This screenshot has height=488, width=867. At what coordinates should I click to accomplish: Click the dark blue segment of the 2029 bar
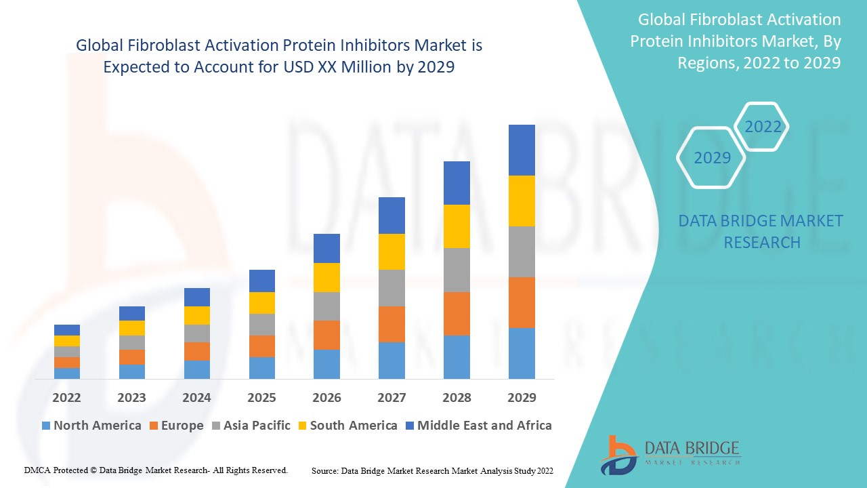(x=522, y=150)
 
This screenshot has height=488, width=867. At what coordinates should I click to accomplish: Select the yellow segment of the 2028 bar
(x=457, y=226)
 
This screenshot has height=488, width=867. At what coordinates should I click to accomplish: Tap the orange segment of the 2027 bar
(x=392, y=324)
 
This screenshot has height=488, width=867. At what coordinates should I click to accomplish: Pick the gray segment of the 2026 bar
(x=326, y=306)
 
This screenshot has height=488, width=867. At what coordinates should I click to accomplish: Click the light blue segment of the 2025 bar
(x=262, y=367)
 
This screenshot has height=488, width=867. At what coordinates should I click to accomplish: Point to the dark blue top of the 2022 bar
(x=67, y=329)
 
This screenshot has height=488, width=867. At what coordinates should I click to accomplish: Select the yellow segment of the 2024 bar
(x=197, y=315)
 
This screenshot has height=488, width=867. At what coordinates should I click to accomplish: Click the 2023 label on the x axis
(x=131, y=397)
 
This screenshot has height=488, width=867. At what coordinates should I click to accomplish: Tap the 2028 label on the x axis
(x=457, y=397)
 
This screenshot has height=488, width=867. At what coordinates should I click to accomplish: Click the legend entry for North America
(x=91, y=426)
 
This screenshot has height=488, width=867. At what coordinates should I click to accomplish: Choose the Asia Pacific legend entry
(x=251, y=426)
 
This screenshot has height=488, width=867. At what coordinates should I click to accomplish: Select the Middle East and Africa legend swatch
(x=408, y=426)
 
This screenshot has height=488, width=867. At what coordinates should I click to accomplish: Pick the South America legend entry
(x=347, y=426)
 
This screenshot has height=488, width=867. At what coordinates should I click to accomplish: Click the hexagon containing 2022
(x=763, y=127)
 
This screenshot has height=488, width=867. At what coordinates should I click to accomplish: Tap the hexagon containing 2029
(x=712, y=157)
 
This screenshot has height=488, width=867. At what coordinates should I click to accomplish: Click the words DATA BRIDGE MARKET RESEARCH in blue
(x=761, y=231)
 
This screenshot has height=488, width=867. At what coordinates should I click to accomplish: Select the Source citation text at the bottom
(x=432, y=470)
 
